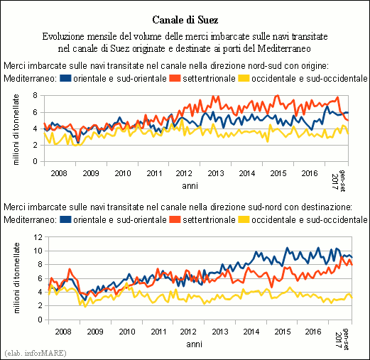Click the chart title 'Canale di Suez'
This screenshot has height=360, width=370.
[x=185, y=20]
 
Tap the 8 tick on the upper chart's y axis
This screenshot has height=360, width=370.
[x=36, y=96]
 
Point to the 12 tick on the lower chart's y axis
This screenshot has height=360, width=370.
[x=38, y=237]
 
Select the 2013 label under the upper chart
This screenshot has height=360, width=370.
[x=216, y=173]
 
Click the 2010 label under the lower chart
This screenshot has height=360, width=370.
[x=127, y=332]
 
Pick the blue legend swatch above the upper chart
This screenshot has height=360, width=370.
[x=65, y=78]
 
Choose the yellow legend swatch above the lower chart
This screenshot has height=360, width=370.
[x=244, y=219]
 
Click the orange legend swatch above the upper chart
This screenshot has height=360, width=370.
[x=175, y=78]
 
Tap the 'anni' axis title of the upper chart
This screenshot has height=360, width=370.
[x=190, y=186]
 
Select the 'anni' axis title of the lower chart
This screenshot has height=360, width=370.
[x=194, y=344]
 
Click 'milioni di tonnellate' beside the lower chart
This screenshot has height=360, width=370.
[x=16, y=278]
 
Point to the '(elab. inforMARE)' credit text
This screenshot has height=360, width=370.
[x=36, y=353]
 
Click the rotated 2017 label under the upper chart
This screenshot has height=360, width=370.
[x=335, y=182]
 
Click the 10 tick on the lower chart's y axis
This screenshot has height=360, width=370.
[x=38, y=251]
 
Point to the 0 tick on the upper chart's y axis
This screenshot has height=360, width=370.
[x=36, y=161]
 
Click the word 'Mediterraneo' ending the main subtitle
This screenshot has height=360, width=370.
[x=284, y=48]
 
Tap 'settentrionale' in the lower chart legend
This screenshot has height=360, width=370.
[x=209, y=219]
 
